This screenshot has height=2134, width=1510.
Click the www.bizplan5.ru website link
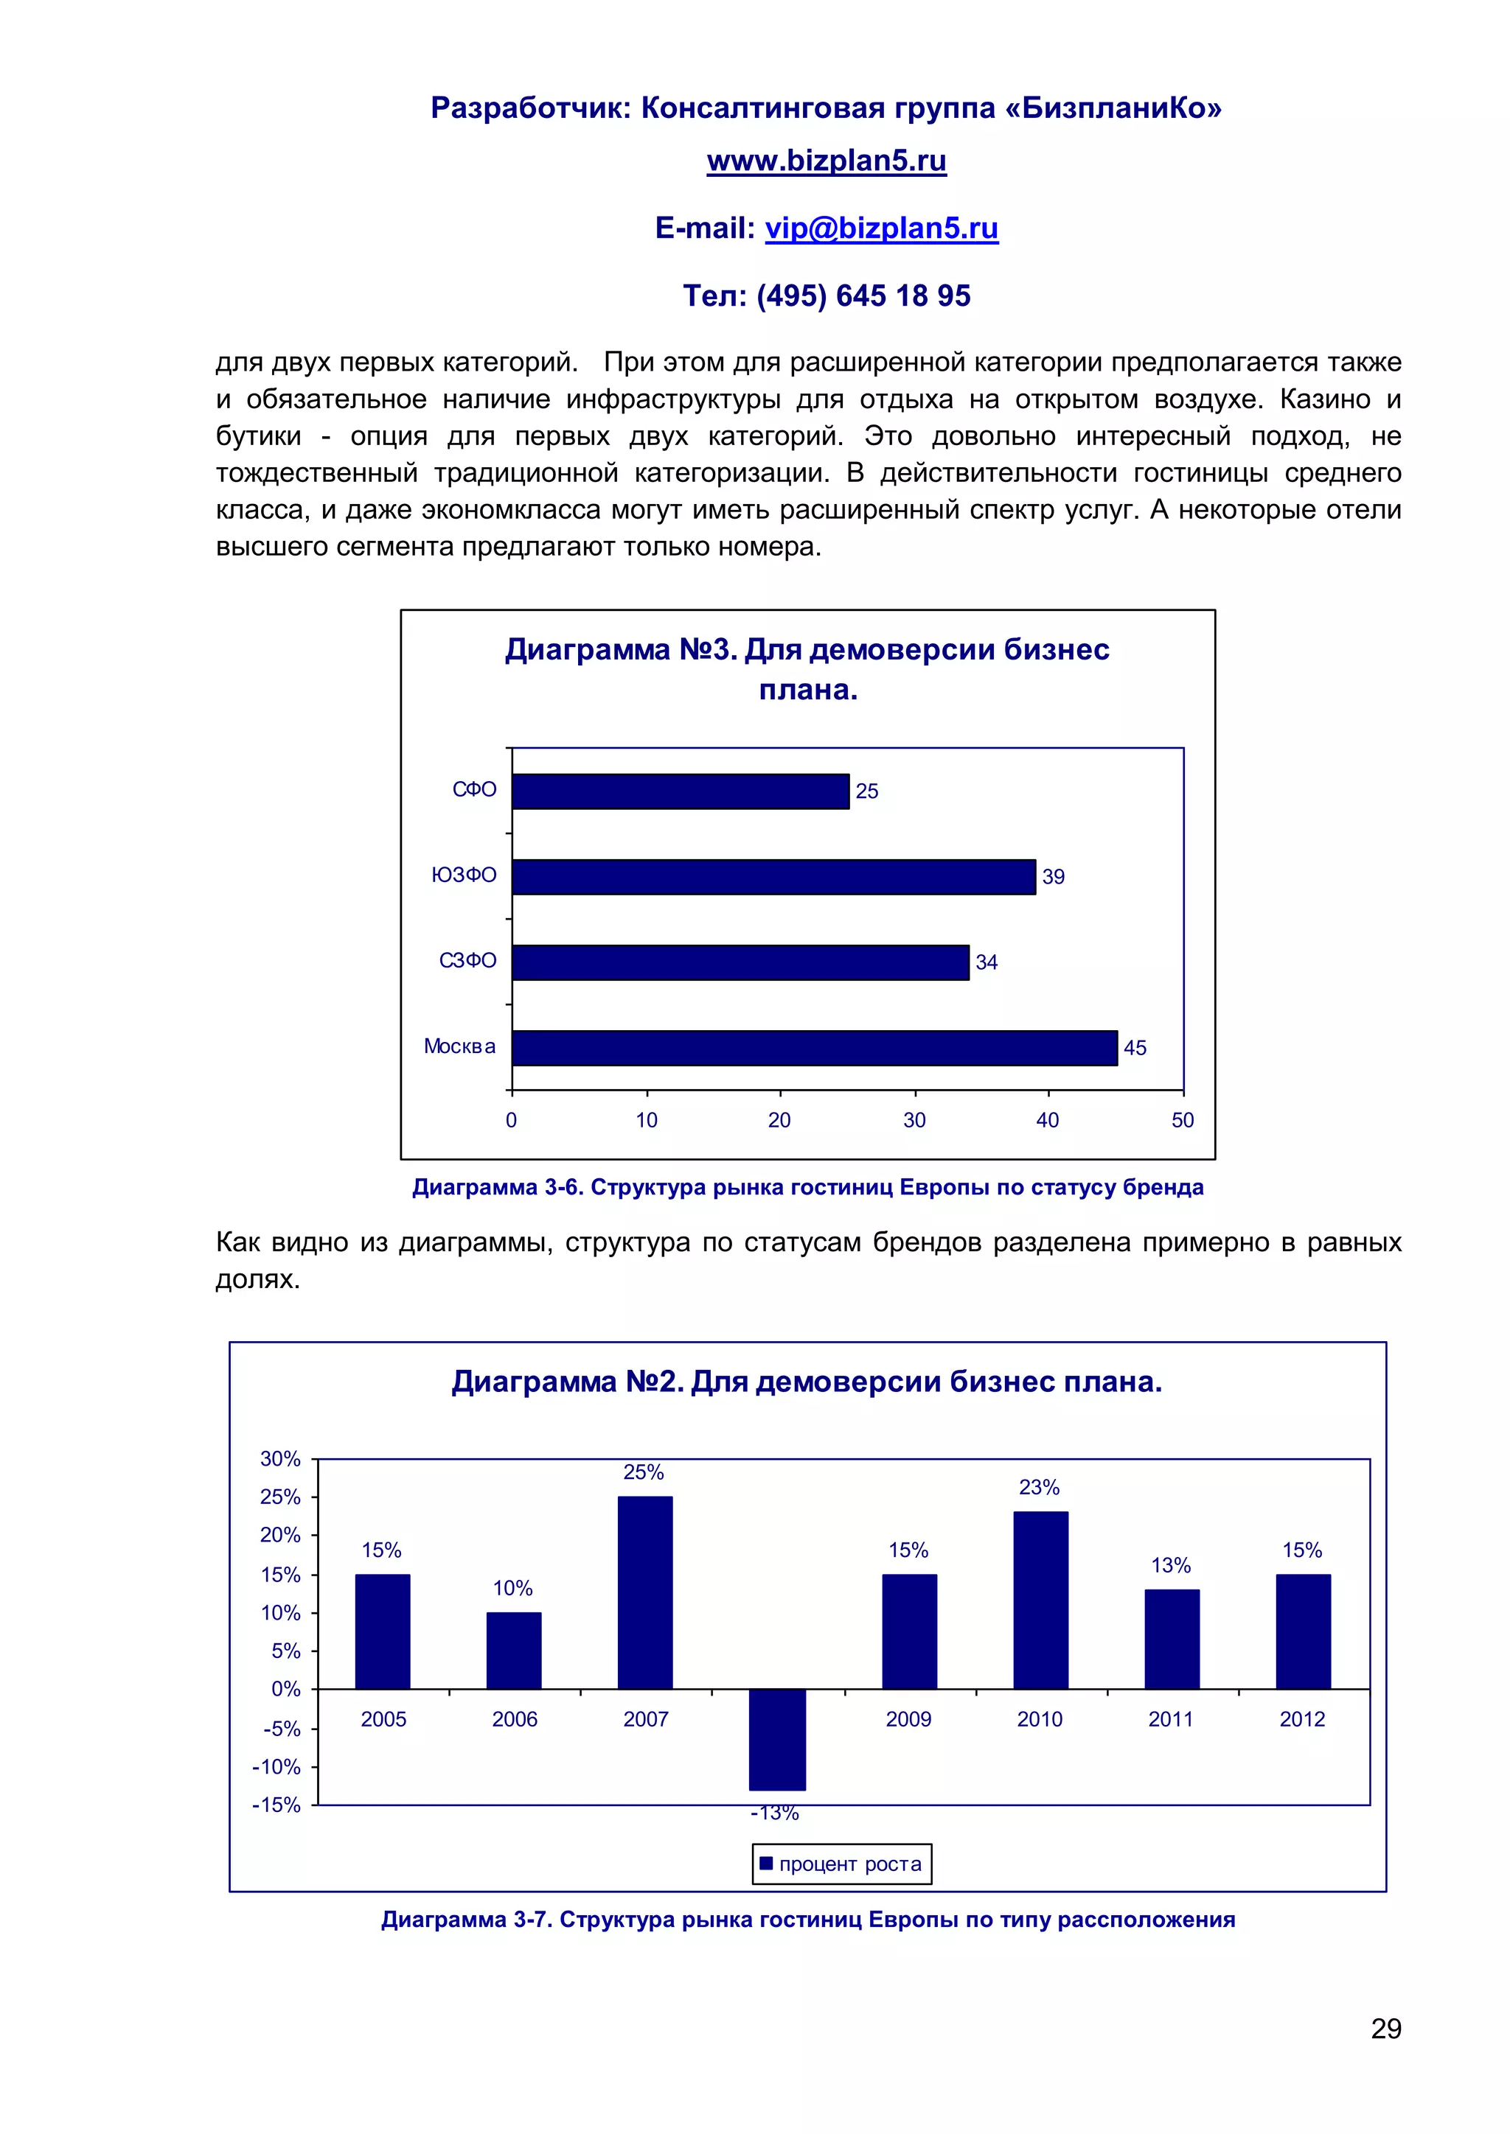pos(826,161)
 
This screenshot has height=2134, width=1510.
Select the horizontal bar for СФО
pos(680,791)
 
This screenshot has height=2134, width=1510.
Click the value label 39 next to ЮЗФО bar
pos(1053,876)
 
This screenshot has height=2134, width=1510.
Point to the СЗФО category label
pos(467,960)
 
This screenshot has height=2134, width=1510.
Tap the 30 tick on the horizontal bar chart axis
pos(914,1120)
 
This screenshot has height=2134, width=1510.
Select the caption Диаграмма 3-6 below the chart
pos(807,1187)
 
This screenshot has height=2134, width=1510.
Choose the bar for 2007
pos(644,1592)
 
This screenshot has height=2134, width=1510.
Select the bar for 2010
pos(1040,1600)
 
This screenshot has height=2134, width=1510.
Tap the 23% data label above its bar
pos(1039,1487)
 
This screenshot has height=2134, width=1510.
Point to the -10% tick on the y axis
pos(277,1767)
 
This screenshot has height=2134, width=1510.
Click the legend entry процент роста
pos(841,1864)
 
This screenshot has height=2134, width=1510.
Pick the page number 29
pos(1385,2028)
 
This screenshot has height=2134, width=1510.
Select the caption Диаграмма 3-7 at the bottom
pos(807,1920)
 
